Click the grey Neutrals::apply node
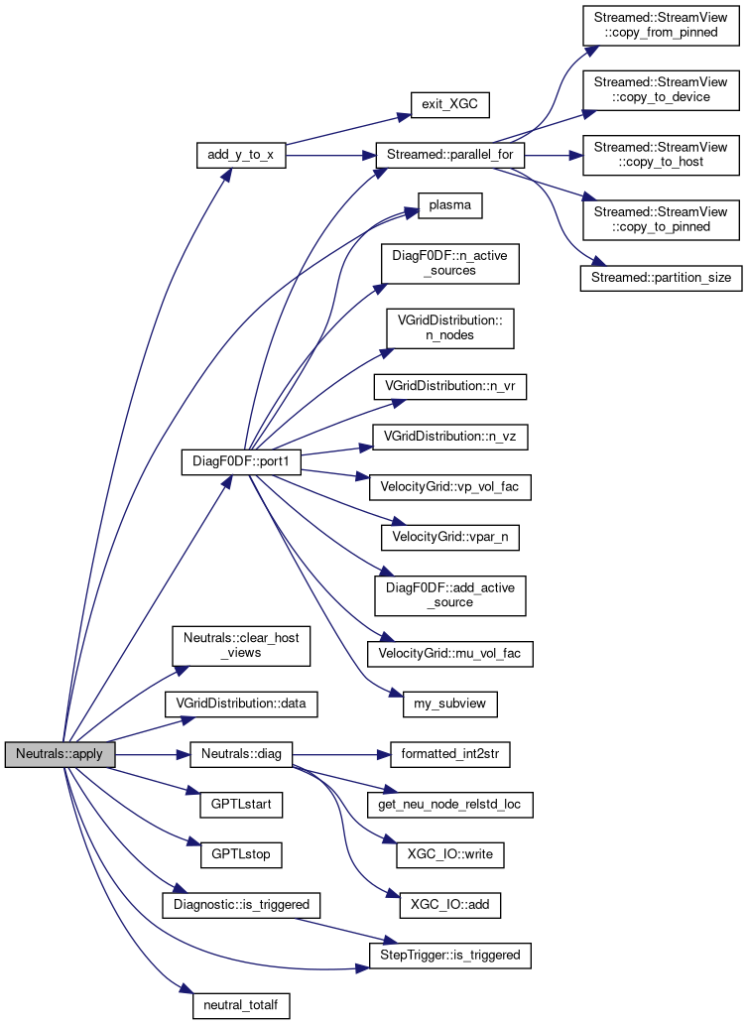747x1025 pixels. coord(60,755)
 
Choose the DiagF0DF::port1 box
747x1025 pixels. coord(241,462)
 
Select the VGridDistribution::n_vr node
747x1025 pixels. coord(449,387)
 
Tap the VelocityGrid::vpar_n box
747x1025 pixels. coord(449,536)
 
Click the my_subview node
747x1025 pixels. coord(449,705)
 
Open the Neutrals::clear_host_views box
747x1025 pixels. coord(241,646)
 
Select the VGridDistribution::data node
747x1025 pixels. coord(241,705)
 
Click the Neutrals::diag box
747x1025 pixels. coord(241,755)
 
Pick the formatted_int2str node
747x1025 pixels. coord(449,755)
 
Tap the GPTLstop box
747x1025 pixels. coord(241,852)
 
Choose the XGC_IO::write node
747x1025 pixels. coord(449,852)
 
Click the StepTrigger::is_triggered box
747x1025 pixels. coord(449,955)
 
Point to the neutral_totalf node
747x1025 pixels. coord(241,1005)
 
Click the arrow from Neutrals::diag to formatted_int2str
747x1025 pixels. coord(337,755)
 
